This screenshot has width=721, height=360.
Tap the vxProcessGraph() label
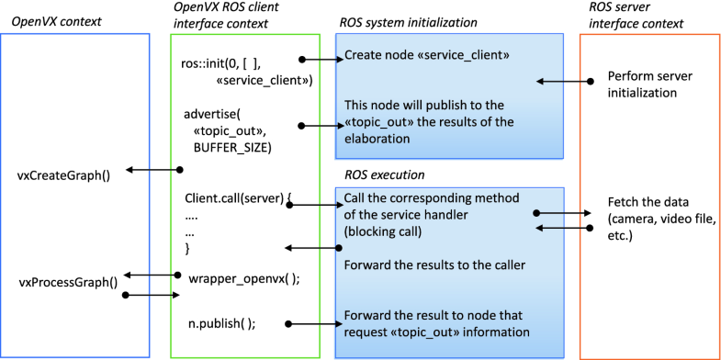(x=68, y=282)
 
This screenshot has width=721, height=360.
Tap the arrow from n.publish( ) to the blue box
(x=311, y=322)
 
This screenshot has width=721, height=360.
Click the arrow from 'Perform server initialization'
(x=566, y=82)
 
